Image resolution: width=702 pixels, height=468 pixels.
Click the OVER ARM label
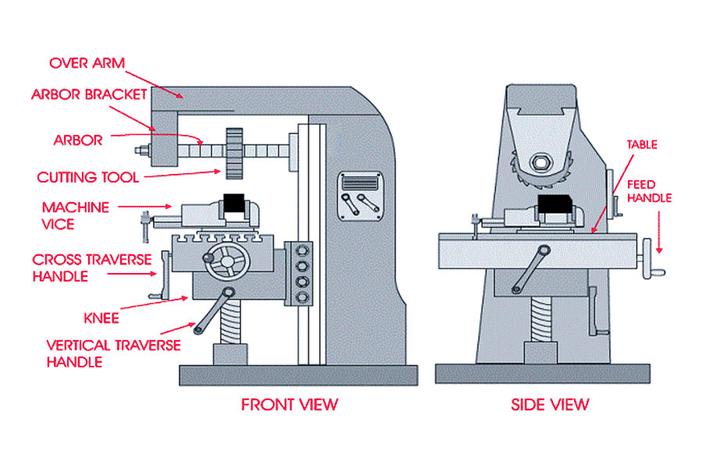(87, 63)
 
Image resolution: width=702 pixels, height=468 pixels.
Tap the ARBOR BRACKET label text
(89, 94)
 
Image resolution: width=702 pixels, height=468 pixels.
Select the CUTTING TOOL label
(87, 177)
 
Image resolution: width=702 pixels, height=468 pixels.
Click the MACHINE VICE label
(75, 215)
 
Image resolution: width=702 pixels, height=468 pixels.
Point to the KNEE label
(101, 318)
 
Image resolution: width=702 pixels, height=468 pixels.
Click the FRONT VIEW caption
(289, 405)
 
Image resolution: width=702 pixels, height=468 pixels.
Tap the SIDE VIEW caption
(550, 405)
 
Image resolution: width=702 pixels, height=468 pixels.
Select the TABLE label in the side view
(642, 144)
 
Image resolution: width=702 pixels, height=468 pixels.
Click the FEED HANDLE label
(649, 191)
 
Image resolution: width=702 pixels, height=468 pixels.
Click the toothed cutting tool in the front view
(234, 153)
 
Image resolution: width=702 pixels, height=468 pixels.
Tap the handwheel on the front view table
(228, 261)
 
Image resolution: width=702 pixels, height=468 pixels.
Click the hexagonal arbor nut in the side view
(539, 163)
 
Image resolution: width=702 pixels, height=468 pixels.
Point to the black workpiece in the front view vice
(234, 204)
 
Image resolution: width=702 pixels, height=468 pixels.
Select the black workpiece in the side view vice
(555, 204)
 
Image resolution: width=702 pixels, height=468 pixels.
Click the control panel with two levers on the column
(361, 196)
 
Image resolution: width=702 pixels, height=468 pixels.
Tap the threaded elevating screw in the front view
(229, 321)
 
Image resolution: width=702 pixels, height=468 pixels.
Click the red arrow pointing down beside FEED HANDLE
(658, 232)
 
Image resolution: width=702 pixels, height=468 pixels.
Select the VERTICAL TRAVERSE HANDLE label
(113, 353)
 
